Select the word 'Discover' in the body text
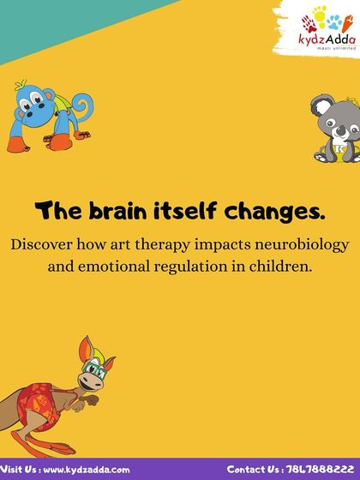click(x=45, y=243)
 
